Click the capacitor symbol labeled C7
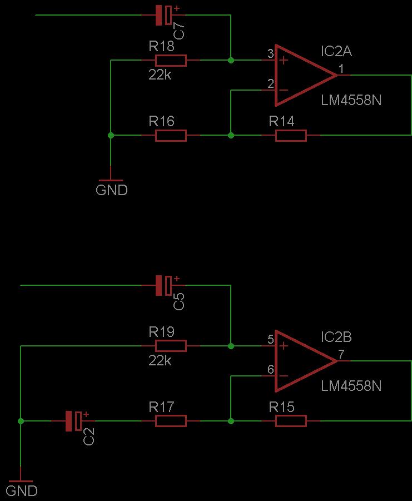[x=164, y=15]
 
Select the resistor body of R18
[x=171, y=61]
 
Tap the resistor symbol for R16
[x=171, y=136]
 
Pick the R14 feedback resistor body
[x=291, y=136]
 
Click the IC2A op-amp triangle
[x=305, y=76]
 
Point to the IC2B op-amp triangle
[x=305, y=361]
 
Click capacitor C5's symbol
[x=164, y=285]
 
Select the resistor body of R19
[x=171, y=346]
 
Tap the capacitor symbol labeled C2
[x=74, y=421]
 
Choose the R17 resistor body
[x=171, y=421]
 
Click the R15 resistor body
[x=291, y=421]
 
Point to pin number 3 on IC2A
[x=271, y=53]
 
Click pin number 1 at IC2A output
[x=341, y=69]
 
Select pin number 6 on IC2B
[x=271, y=369]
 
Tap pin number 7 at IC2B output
[x=341, y=354]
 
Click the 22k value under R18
[x=160, y=75]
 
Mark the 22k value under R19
[x=160, y=360]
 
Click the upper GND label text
[x=111, y=190]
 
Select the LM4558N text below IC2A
[x=351, y=100]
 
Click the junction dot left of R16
[x=111, y=136]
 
